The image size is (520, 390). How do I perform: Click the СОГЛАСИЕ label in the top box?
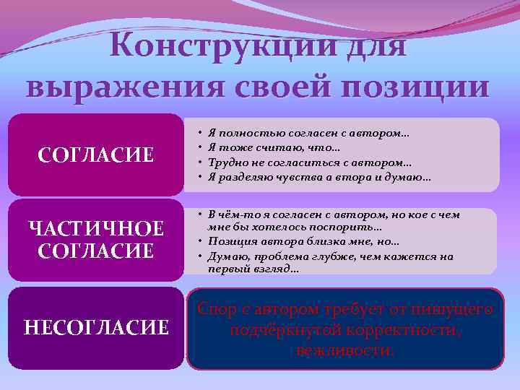click(95, 155)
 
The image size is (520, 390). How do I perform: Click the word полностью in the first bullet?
click(243, 134)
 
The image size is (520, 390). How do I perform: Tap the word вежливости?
click(345, 352)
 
